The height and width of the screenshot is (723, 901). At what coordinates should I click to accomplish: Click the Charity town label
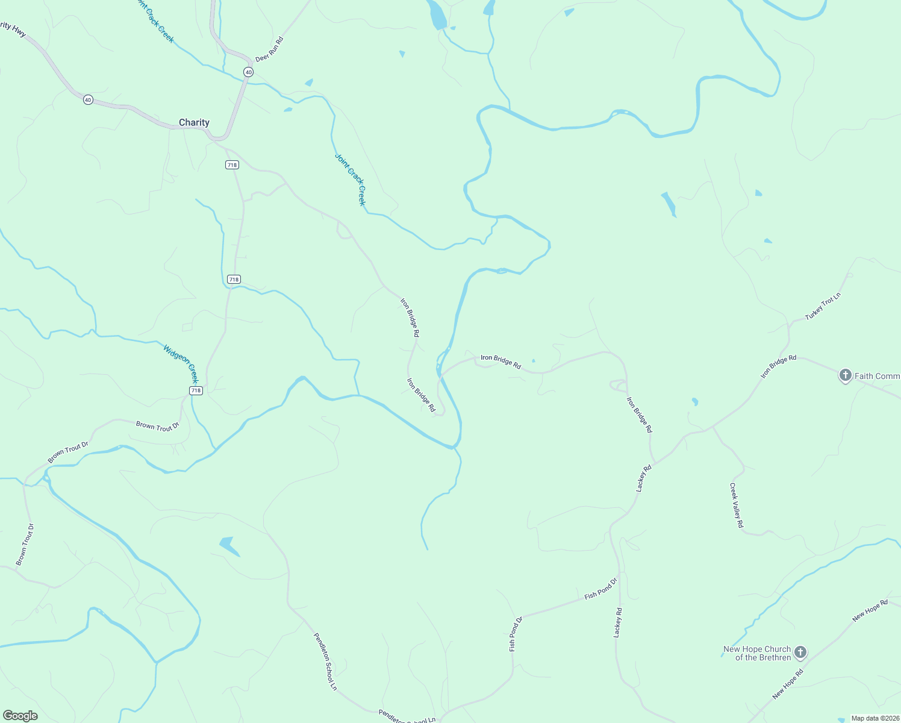click(194, 122)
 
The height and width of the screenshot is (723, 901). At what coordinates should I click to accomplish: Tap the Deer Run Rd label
click(269, 49)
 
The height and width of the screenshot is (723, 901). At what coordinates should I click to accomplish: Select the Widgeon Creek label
click(180, 363)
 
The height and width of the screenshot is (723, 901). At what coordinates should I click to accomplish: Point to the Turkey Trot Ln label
click(823, 307)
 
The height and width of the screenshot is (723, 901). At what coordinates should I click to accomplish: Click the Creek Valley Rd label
click(737, 505)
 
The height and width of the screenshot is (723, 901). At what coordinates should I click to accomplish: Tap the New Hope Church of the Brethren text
click(757, 653)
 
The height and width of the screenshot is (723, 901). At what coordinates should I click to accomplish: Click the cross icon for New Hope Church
click(800, 653)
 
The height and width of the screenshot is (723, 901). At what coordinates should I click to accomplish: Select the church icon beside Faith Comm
click(845, 375)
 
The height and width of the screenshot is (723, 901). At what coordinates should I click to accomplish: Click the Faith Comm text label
click(877, 376)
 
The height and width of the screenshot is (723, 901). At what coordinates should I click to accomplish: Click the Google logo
click(20, 716)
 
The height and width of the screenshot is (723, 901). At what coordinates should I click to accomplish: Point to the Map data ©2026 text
click(875, 718)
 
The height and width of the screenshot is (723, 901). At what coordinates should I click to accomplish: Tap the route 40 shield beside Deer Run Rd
click(248, 72)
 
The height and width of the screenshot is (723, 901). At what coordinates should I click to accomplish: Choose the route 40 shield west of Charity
click(88, 99)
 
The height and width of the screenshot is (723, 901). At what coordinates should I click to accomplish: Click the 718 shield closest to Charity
click(232, 164)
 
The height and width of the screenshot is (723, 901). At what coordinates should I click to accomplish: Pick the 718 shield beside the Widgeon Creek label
click(196, 390)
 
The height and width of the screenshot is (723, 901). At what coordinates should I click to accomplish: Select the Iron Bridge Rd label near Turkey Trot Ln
click(778, 366)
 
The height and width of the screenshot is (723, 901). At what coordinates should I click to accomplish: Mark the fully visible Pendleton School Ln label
click(325, 661)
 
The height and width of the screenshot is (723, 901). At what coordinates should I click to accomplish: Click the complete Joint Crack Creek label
click(350, 179)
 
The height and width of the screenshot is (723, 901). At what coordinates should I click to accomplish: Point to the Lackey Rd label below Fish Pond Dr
click(617, 622)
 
